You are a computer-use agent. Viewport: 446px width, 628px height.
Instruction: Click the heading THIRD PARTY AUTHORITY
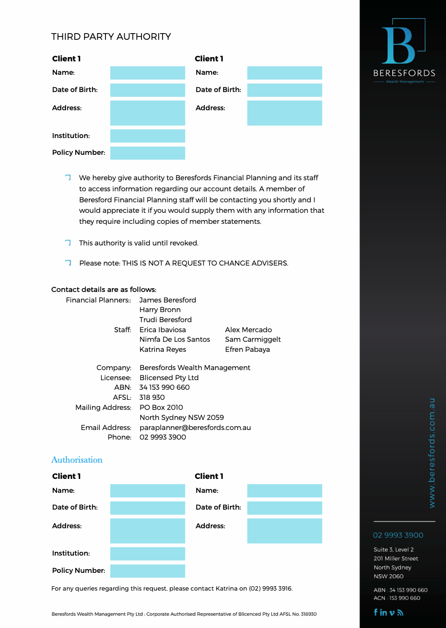click(x=111, y=37)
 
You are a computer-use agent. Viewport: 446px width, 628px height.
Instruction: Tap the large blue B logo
click(x=398, y=46)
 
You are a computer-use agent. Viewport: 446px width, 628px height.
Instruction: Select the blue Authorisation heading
click(x=77, y=460)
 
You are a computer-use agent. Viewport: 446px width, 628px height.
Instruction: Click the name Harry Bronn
click(x=160, y=310)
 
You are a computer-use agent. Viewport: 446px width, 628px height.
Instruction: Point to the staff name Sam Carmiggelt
click(x=253, y=339)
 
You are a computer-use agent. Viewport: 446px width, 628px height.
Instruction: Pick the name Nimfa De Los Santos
click(x=175, y=339)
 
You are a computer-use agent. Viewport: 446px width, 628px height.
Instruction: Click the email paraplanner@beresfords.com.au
click(x=195, y=428)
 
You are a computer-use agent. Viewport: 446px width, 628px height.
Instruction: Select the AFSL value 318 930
click(x=152, y=397)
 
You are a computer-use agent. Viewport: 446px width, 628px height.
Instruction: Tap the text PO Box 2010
click(x=161, y=407)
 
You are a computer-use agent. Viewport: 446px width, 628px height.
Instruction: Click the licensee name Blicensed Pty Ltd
click(x=169, y=378)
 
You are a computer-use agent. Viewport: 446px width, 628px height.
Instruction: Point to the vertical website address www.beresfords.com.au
click(x=432, y=453)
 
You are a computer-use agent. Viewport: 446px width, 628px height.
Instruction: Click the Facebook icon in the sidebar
click(x=376, y=612)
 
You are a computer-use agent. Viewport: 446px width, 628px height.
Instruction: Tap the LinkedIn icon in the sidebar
click(x=383, y=612)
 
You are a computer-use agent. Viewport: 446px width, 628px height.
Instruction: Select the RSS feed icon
click(x=400, y=612)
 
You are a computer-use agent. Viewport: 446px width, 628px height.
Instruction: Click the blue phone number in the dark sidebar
click(x=398, y=535)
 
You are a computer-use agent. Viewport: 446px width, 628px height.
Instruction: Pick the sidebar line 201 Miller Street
click(x=396, y=558)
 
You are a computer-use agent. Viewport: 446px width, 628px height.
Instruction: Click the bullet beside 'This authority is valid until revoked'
click(x=68, y=243)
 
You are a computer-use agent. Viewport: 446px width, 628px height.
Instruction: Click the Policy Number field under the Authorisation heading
click(x=147, y=571)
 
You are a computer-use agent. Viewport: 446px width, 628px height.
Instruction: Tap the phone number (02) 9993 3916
click(x=270, y=588)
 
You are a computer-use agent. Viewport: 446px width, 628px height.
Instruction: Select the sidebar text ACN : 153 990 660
click(x=397, y=598)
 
